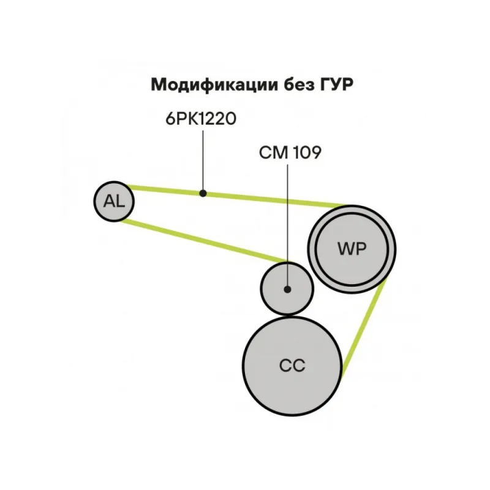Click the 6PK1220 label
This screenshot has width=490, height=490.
tap(201, 119)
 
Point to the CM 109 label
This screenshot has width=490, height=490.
tap(290, 153)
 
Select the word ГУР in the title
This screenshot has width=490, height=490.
tap(337, 85)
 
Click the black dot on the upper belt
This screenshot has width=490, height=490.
tap(203, 194)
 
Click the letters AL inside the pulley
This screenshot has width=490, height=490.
tap(114, 200)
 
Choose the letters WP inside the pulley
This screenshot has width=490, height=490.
tap(351, 249)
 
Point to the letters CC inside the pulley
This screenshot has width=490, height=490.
tap(292, 366)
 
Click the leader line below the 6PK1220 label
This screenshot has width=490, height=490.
tap(203, 159)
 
